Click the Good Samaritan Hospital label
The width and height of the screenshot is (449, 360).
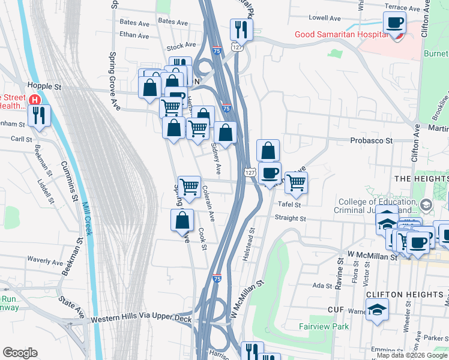coord(340,34)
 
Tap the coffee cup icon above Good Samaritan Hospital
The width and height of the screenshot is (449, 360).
coord(394,24)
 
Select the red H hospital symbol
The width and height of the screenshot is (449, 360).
coord(35,100)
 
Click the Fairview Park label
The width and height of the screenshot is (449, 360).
coord(324,327)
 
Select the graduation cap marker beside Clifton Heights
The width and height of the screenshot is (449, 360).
coord(377,310)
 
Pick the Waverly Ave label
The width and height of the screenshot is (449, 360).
coord(44,262)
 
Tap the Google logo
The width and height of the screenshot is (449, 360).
coord(20,353)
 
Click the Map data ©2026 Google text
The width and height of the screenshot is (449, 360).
coord(411,355)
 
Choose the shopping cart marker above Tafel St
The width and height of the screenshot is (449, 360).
coord(295,182)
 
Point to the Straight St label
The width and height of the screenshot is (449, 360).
coord(291,219)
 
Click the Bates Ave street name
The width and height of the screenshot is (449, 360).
coord(134,23)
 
